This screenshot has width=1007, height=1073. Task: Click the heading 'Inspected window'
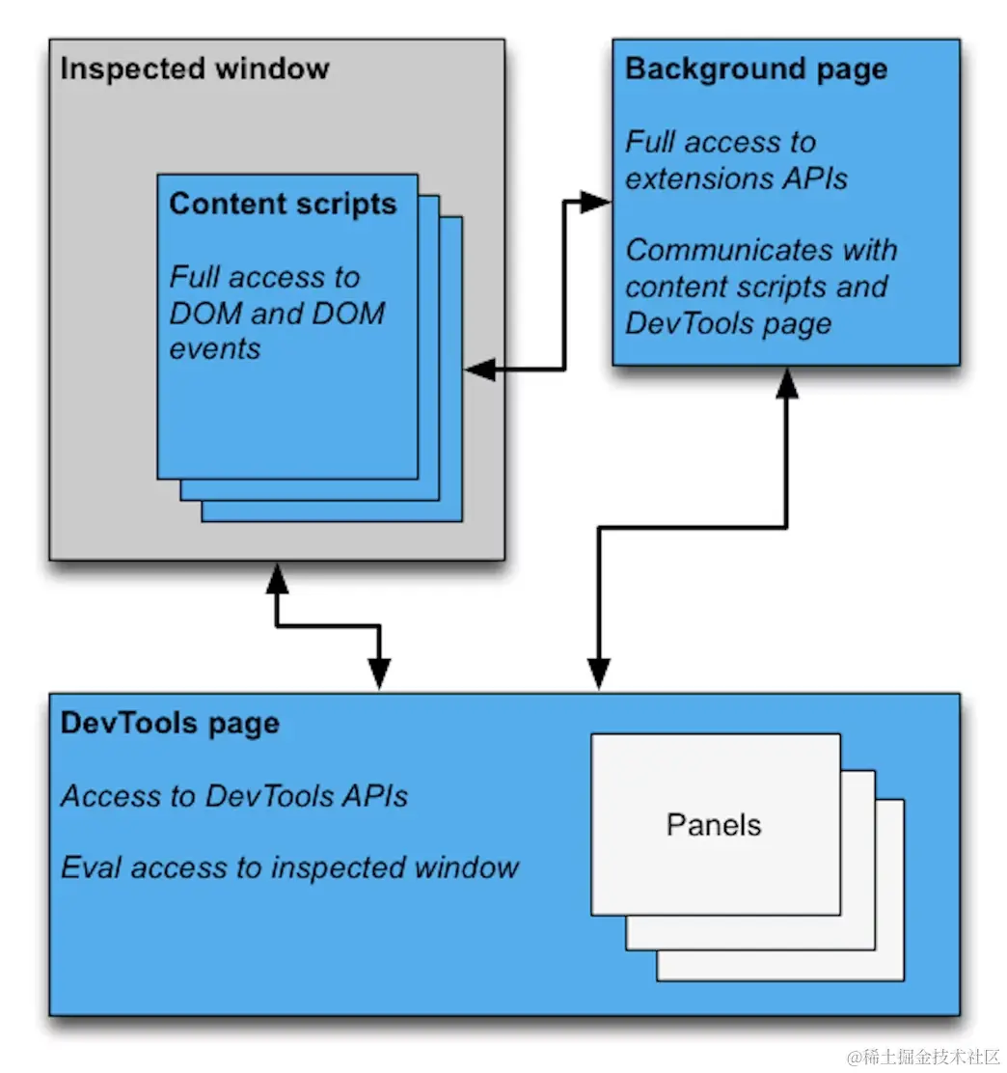coord(194,69)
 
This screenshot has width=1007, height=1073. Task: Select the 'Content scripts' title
coord(283,205)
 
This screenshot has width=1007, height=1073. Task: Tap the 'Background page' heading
coord(756,69)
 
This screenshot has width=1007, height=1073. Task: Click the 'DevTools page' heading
coord(170,724)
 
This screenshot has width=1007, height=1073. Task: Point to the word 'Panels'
coord(714,825)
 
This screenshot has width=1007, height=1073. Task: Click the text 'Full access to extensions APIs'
coord(736,160)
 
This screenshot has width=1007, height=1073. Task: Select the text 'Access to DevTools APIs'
coord(234,796)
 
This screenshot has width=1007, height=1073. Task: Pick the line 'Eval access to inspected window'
coord(289,867)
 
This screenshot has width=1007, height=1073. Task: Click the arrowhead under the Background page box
coord(787,383)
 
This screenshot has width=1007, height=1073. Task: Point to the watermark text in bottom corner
coord(924,1057)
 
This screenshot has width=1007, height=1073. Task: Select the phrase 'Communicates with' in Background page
coord(761,251)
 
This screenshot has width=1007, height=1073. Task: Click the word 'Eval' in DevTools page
coord(92,867)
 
